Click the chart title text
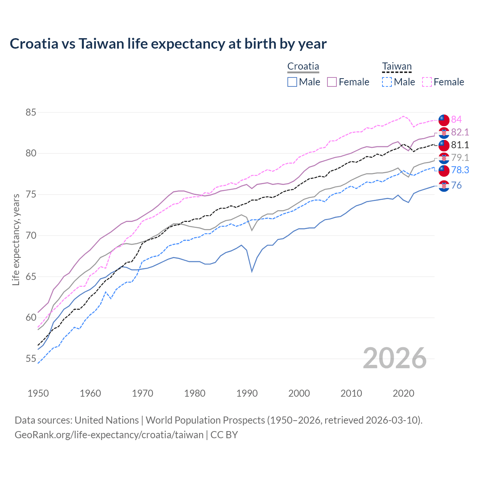[x=168, y=44]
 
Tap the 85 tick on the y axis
[x=31, y=112]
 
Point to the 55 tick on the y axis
[x=31, y=359]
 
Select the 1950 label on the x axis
[x=38, y=393]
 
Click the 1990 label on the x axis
[x=247, y=393]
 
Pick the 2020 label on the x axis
[x=403, y=393]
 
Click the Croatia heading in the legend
[x=303, y=67]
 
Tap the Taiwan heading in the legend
[x=397, y=67]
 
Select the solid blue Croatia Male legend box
[x=292, y=82]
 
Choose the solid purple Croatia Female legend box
[x=332, y=82]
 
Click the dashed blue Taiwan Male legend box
[x=387, y=82]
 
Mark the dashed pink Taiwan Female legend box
[x=427, y=82]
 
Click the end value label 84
[x=456, y=119]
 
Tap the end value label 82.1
[x=460, y=132]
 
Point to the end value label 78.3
[x=460, y=170]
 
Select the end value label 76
[x=456, y=185]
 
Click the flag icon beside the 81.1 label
[x=444, y=145]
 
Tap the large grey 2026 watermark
[x=395, y=358]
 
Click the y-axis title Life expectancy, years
[x=16, y=239]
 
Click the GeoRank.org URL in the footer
[x=109, y=435]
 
